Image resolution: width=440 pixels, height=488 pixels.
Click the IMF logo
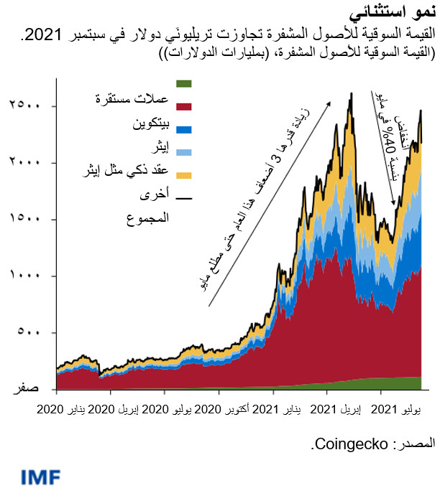point(41,475)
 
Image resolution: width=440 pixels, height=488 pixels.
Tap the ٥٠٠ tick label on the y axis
point(28,332)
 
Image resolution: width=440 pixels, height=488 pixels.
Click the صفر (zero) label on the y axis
point(28,388)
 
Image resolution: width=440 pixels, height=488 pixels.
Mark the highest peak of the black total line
point(350,93)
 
